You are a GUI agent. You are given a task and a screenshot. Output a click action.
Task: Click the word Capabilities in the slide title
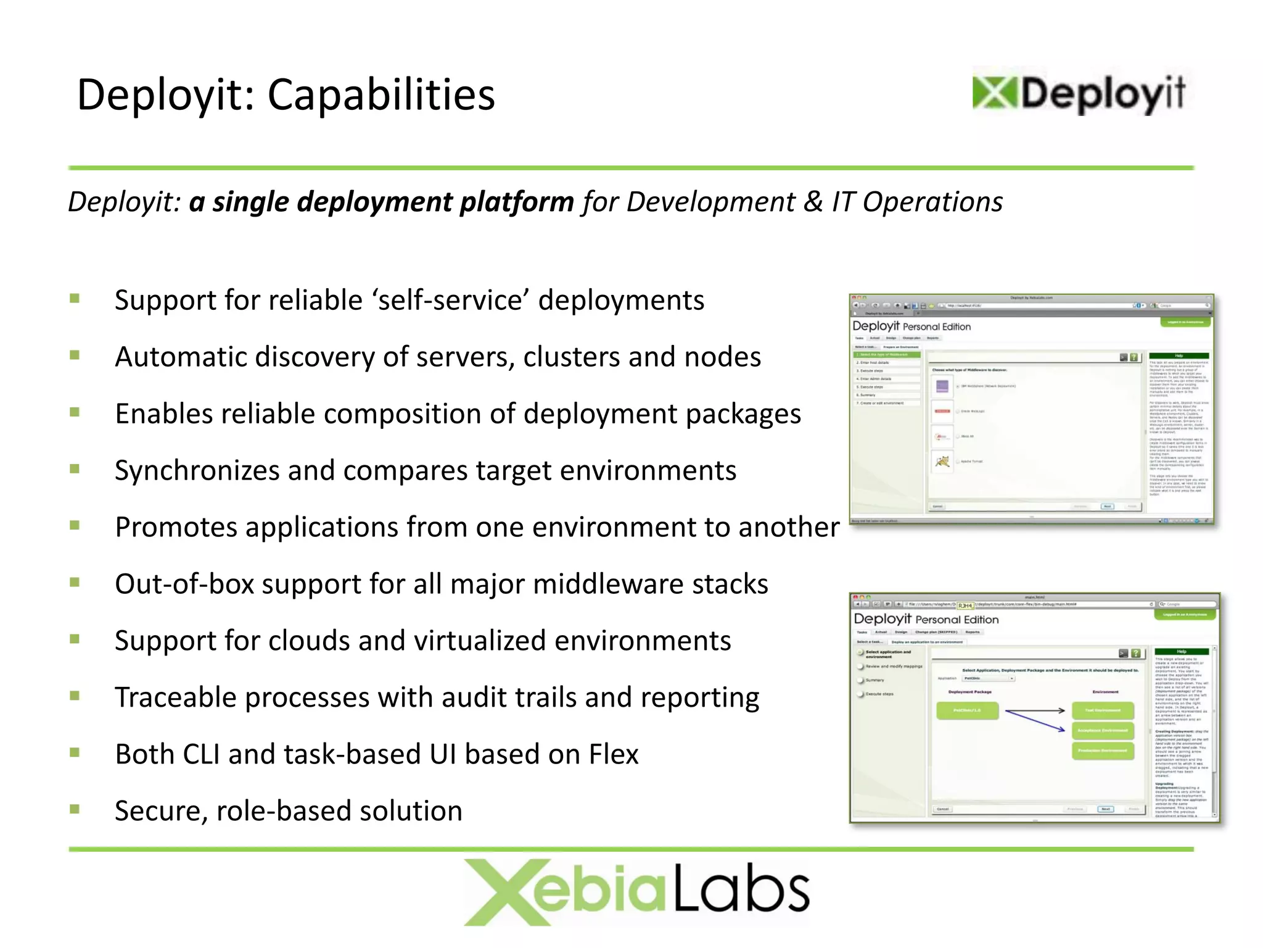click(x=381, y=96)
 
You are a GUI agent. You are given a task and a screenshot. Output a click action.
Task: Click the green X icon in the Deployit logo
click(x=994, y=93)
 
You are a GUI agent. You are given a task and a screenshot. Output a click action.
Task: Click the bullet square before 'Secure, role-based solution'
click(x=75, y=809)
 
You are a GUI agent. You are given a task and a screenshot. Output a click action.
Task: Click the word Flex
click(x=614, y=755)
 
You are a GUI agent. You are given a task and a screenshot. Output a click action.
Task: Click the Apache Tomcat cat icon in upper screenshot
click(x=942, y=461)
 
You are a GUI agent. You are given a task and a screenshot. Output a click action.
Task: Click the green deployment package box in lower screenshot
click(x=967, y=710)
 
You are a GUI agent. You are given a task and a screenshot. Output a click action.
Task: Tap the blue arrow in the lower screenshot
click(x=1036, y=721)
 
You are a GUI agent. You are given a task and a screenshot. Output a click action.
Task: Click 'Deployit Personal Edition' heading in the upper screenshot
click(x=911, y=326)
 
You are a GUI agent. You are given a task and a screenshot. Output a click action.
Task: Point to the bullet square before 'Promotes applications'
click(x=75, y=525)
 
